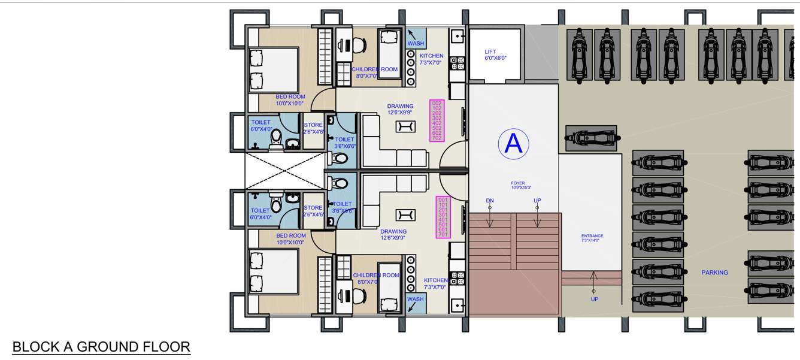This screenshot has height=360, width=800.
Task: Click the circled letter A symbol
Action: [x=514, y=144]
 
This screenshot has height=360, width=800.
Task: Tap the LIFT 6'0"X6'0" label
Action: [x=495, y=55]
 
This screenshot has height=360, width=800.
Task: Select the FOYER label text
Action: [x=518, y=185]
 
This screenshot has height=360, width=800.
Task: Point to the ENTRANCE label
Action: [x=592, y=238]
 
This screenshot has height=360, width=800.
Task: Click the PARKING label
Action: [x=714, y=273]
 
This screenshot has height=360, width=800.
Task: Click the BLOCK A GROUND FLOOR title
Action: [x=101, y=347]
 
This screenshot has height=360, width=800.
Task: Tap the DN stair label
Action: [x=490, y=201]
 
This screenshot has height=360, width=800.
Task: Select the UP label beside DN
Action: [x=537, y=201]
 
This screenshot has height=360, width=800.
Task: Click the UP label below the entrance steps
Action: [x=594, y=299]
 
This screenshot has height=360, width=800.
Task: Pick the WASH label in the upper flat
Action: [x=416, y=44]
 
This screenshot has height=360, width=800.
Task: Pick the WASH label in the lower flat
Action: [x=415, y=299]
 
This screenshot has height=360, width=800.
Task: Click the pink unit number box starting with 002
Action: [x=437, y=121]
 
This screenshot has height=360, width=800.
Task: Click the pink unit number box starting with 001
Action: [x=443, y=217]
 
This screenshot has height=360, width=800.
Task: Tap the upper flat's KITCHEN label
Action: [x=431, y=59]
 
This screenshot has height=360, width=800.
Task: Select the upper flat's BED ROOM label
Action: [x=290, y=99]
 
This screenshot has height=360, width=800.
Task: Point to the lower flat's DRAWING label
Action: [x=393, y=234]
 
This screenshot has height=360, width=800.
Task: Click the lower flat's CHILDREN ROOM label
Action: [x=375, y=278]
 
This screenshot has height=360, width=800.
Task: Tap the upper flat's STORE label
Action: [x=313, y=128]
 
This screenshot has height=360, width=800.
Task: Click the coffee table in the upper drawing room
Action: [x=405, y=126]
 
